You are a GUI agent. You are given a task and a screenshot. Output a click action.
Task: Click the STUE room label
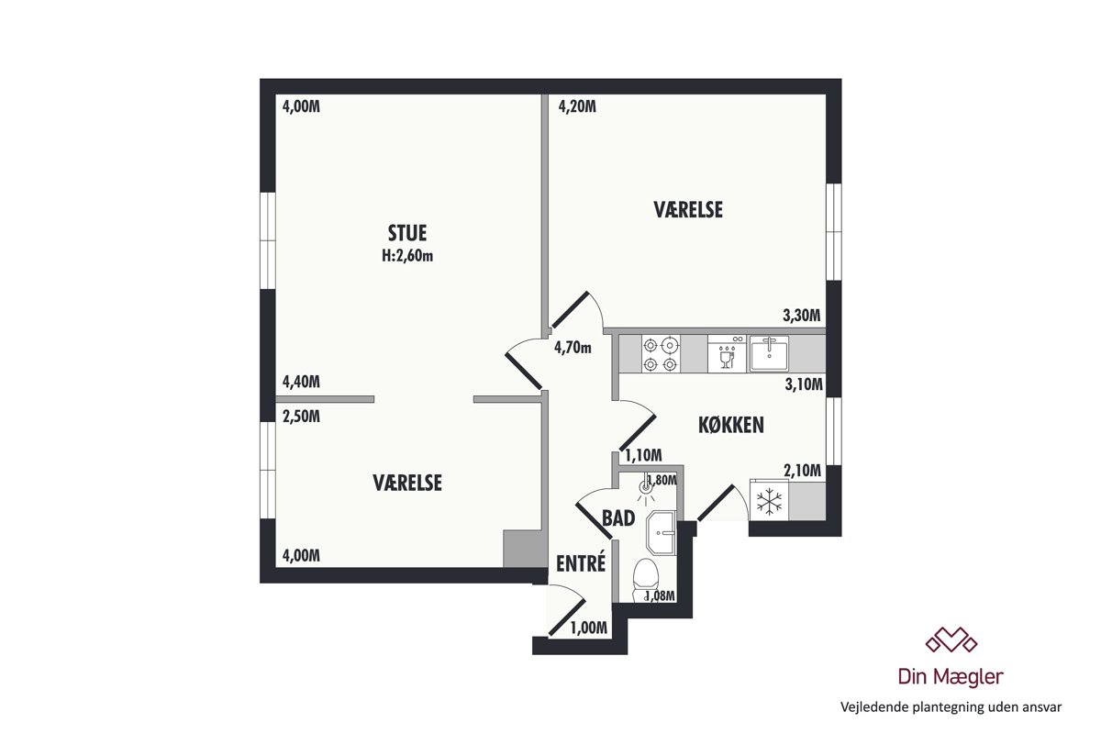tap(407, 233)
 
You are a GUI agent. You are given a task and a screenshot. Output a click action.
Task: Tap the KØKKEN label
tap(731, 425)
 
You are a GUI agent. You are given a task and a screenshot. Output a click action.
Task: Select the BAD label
tap(618, 518)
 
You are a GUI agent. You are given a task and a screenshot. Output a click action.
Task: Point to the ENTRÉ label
tap(581, 563)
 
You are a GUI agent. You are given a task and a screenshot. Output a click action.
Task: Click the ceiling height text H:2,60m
tap(407, 256)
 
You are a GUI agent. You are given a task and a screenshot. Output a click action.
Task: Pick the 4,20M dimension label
tap(577, 106)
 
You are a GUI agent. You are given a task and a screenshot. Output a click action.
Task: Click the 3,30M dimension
tap(802, 315)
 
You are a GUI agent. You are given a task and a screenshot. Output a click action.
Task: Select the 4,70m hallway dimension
tap(573, 348)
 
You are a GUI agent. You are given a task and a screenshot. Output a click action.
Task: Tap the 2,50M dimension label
tap(301, 417)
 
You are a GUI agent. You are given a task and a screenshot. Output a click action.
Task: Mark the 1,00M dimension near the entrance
tap(588, 628)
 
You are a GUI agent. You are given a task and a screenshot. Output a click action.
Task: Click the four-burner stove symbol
tap(661, 353)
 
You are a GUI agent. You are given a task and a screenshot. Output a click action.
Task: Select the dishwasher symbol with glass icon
tap(727, 353)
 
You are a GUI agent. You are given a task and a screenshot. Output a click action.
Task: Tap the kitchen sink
tap(769, 353)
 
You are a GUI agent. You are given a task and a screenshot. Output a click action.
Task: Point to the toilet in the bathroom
tap(645, 580)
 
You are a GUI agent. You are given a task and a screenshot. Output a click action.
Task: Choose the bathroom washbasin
tap(662, 533)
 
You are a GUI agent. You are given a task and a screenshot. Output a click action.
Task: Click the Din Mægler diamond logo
tap(951, 639)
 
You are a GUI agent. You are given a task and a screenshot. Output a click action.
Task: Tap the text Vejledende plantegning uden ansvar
tap(951, 707)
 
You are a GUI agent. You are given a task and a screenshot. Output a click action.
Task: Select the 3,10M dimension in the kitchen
tap(804, 384)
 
